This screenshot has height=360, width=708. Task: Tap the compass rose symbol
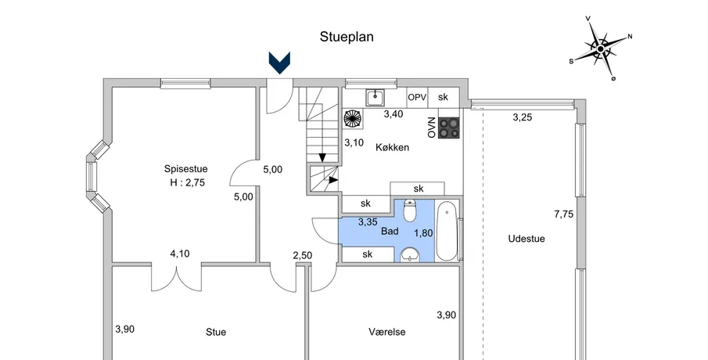click(x=601, y=49)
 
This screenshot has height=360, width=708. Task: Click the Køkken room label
click(x=393, y=147)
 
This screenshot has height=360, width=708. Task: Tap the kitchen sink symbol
click(x=376, y=97)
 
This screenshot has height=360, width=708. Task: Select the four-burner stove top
click(x=449, y=128)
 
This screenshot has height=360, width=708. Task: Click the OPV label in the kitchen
click(x=416, y=97)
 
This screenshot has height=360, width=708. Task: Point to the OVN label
click(x=431, y=128)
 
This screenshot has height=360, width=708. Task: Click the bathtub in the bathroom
click(x=447, y=231)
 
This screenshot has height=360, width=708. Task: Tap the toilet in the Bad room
click(x=409, y=212)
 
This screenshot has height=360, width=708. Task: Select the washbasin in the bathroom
click(x=409, y=254)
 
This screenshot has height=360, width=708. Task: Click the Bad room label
click(x=390, y=232)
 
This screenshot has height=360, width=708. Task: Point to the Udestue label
click(x=526, y=239)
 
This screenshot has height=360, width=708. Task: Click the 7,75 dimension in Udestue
click(x=563, y=214)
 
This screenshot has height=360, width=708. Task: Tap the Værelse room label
click(x=386, y=332)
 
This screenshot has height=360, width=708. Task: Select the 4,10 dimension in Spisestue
click(x=180, y=253)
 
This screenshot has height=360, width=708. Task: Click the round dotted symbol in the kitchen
click(x=353, y=118)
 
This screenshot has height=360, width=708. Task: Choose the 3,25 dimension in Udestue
click(x=522, y=117)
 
